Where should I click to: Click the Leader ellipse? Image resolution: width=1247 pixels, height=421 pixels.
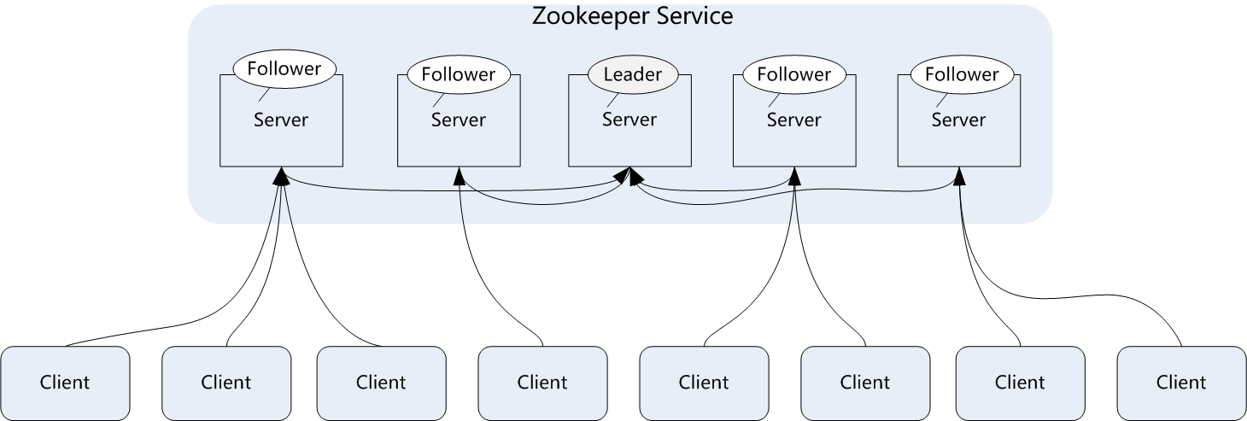click(632, 74)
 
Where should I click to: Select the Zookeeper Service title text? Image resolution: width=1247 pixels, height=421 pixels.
click(632, 15)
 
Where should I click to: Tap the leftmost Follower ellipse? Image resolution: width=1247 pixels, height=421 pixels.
click(284, 69)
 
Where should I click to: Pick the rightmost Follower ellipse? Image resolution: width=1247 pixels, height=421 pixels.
click(962, 74)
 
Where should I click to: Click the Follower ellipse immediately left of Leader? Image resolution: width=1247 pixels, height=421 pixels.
click(458, 74)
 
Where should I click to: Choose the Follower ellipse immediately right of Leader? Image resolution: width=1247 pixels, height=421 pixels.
click(793, 74)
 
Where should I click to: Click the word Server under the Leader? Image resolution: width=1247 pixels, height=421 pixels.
click(629, 120)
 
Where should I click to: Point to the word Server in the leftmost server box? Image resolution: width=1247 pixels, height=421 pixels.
click(281, 120)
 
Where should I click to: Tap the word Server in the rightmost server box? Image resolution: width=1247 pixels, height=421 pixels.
click(958, 120)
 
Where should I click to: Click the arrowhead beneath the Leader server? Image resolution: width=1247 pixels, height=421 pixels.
click(632, 175)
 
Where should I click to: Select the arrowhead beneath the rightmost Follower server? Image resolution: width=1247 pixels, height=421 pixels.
click(959, 175)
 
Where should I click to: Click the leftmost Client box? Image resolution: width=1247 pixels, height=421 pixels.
click(65, 382)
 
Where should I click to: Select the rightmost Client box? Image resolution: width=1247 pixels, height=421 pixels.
click(1181, 382)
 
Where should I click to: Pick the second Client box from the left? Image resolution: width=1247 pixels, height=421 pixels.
click(226, 382)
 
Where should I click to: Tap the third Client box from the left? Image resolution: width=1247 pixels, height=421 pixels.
click(381, 382)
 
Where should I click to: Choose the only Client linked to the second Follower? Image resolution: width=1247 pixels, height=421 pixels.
click(542, 382)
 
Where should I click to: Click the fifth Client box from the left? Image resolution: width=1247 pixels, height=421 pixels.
click(704, 382)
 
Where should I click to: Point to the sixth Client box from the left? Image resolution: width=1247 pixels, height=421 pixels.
click(865, 382)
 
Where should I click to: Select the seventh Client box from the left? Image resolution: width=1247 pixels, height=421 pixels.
click(1020, 382)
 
